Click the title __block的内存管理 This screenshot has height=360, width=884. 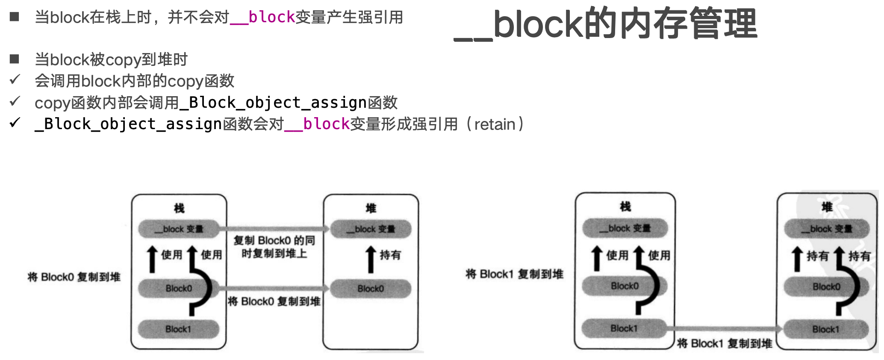[x=605, y=24]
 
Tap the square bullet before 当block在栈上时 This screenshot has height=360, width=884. [x=15, y=17]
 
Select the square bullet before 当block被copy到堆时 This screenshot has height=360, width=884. [x=15, y=59]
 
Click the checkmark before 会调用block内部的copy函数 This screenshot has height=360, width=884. [x=15, y=80]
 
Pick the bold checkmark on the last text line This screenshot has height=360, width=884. [x=15, y=123]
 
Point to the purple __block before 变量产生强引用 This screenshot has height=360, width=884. [x=262, y=17]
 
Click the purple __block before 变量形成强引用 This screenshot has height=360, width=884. [x=317, y=124]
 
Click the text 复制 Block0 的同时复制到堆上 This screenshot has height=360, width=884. [x=274, y=247]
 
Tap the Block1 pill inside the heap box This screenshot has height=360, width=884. [x=825, y=329]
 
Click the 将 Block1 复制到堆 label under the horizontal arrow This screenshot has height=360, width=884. [x=725, y=343]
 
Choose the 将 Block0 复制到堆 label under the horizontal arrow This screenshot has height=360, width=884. [x=274, y=301]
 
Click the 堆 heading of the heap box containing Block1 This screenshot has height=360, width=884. [x=827, y=207]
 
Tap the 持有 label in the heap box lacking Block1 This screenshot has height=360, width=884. [x=390, y=255]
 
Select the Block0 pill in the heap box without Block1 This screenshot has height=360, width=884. [x=371, y=289]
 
